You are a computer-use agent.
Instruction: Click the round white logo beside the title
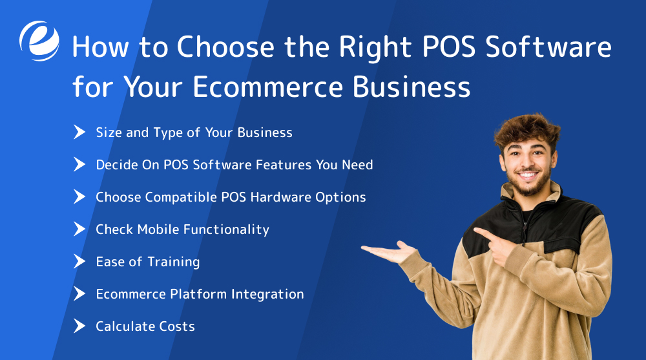point(39,40)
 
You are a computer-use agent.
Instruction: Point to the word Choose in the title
point(216,48)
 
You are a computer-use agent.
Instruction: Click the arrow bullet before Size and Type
point(79,132)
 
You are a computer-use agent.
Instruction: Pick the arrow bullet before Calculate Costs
point(79,326)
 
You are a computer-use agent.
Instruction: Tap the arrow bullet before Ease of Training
point(79,262)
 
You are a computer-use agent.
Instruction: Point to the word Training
point(174,262)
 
